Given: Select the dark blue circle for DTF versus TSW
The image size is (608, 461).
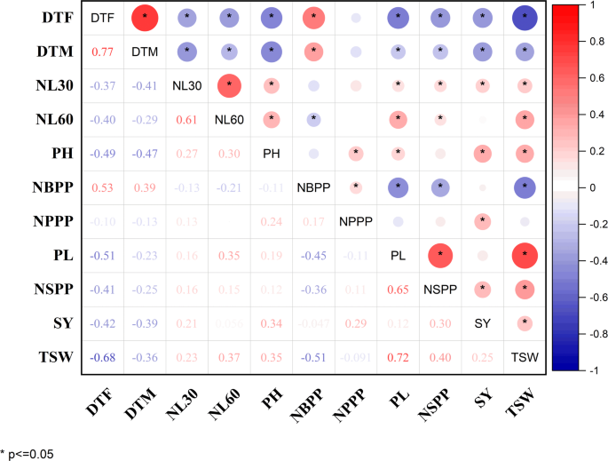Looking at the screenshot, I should click(525, 18).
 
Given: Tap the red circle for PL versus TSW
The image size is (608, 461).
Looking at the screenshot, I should click(525, 256).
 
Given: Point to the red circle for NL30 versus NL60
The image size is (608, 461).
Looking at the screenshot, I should click(228, 86).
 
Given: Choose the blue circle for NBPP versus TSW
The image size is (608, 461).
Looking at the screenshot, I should click(525, 188).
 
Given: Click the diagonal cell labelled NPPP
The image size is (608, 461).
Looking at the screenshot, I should click(355, 222).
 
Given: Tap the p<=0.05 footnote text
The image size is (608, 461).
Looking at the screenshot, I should click(29, 452).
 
